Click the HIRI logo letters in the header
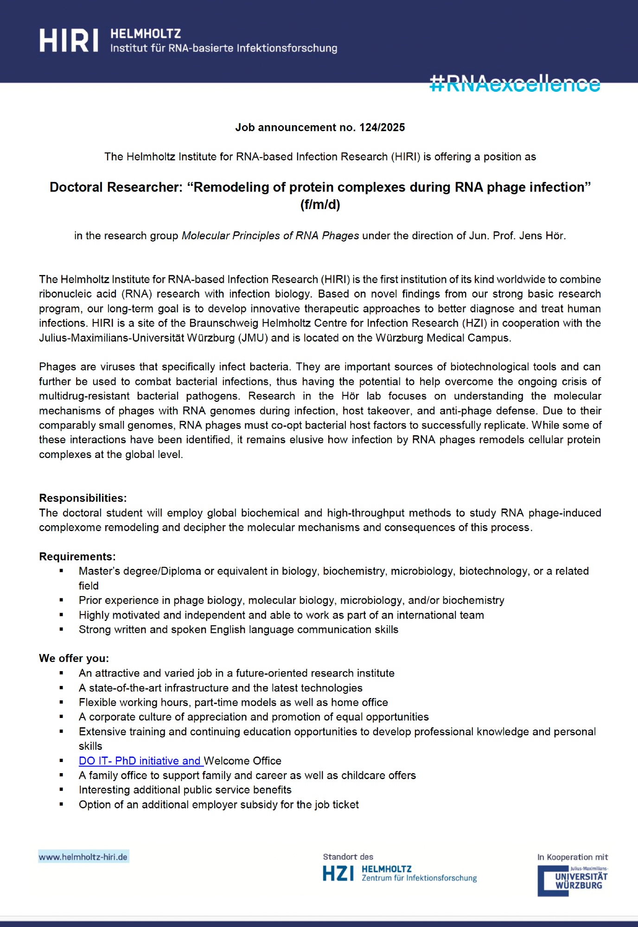pyautogui.click(x=69, y=40)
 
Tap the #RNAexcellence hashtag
pyautogui.click(x=515, y=84)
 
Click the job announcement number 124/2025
pyautogui.click(x=382, y=127)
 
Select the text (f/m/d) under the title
pyautogui.click(x=320, y=204)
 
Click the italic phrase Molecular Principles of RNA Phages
pyautogui.click(x=270, y=235)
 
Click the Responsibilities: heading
pyautogui.click(x=83, y=498)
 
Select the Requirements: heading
pyautogui.click(x=77, y=557)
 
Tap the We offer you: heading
pyautogui.click(x=74, y=659)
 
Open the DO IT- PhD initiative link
pyautogui.click(x=140, y=761)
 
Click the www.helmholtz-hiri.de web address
pyautogui.click(x=83, y=857)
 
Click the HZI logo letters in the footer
pyautogui.click(x=338, y=874)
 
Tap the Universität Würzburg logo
pyautogui.click(x=573, y=881)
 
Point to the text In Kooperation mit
pyautogui.click(x=572, y=857)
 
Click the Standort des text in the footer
pyautogui.click(x=348, y=857)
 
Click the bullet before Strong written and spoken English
pyautogui.click(x=61, y=629)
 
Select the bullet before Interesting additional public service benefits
pyautogui.click(x=61, y=790)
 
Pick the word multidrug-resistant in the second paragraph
pyautogui.click(x=84, y=396)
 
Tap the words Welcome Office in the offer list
pyautogui.click(x=242, y=761)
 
